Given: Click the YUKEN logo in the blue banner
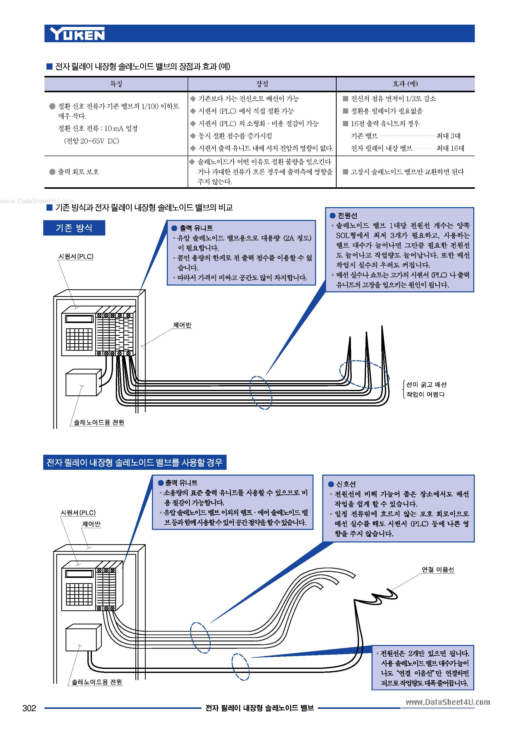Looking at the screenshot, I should point(77,34).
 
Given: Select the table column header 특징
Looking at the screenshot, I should point(116,84).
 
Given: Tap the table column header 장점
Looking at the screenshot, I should point(262,84).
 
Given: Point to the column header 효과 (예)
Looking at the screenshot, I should point(405,84).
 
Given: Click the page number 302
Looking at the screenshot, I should point(29,708).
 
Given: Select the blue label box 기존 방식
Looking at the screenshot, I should point(74,228).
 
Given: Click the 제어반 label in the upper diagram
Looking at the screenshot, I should point(182,325).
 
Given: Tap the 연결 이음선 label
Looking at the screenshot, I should point(438,570).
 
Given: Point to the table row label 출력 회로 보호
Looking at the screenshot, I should point(78,172).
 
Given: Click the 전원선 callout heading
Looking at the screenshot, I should point(347,215).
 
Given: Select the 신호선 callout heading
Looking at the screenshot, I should point(346,484).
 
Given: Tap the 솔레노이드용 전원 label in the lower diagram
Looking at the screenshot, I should point(97,682).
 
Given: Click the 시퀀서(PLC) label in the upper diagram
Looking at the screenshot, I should point(76,256).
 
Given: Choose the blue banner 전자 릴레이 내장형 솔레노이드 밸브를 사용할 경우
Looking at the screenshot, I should point(135,462).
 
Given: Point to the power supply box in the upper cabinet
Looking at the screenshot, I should point(81,384).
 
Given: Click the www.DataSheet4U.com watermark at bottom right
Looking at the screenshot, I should point(448,702).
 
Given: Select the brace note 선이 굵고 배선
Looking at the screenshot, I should point(426,385).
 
